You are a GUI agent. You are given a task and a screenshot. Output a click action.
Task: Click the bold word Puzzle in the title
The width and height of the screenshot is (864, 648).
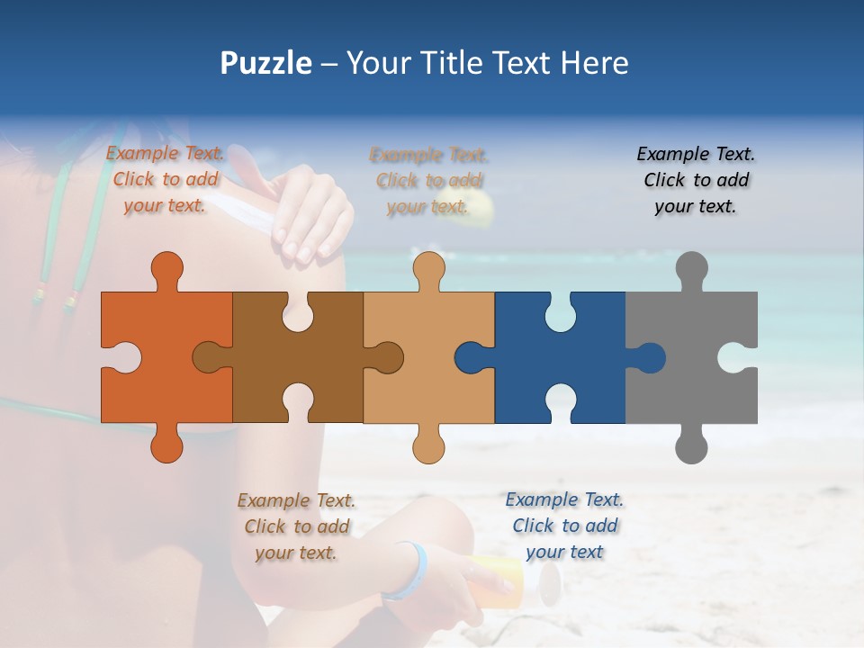(265, 63)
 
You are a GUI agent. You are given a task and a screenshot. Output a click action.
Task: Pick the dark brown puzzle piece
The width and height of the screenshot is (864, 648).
(261, 360)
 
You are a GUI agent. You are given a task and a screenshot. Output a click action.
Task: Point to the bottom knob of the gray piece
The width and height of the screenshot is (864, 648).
(691, 445)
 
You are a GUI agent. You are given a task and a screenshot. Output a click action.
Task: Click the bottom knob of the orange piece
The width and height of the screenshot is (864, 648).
(167, 445)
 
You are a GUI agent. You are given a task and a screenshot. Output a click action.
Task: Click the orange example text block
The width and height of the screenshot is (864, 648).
(166, 179)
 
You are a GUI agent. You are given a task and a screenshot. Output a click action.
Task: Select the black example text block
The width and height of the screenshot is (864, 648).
(696, 180)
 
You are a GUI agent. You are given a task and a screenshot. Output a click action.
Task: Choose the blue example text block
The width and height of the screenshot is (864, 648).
(564, 526)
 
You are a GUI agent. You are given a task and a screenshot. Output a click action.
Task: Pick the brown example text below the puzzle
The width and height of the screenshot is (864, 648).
(296, 526)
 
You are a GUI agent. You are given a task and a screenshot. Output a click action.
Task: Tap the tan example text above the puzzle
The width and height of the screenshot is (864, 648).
(428, 180)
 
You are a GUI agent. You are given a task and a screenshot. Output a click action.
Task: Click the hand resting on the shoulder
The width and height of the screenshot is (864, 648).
(310, 216)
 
